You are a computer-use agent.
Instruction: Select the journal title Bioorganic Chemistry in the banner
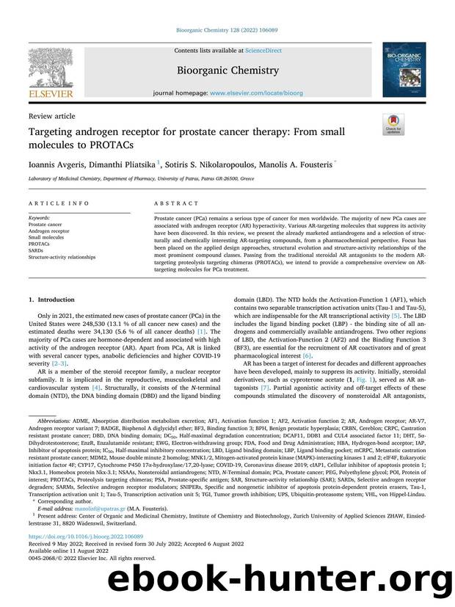coord(226,71)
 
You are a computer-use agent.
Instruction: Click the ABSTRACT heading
coord(170,207)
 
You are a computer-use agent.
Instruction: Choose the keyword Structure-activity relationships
coord(62,258)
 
